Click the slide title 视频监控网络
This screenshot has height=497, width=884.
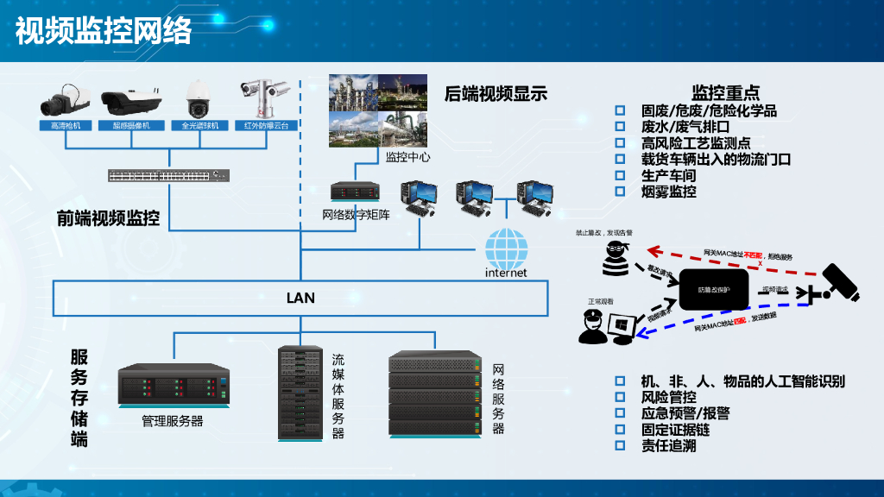pyautogui.click(x=104, y=30)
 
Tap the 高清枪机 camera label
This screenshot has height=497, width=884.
pyautogui.click(x=66, y=126)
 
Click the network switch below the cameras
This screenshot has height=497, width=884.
pyautogui.click(x=169, y=175)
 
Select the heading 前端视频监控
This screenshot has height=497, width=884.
pyautogui.click(x=108, y=218)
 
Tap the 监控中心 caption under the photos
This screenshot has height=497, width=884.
pyautogui.click(x=407, y=157)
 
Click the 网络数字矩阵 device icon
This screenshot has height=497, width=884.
pyautogui.click(x=356, y=191)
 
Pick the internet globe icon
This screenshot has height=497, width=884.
pyautogui.click(x=506, y=248)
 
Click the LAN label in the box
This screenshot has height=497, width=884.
pyautogui.click(x=300, y=299)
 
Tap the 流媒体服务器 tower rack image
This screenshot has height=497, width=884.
pyautogui.click(x=301, y=393)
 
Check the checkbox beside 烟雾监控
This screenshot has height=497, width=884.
pyautogui.click(x=619, y=192)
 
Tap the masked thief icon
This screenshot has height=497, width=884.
pyautogui.click(x=615, y=257)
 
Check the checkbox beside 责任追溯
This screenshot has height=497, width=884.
pyautogui.click(x=619, y=445)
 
